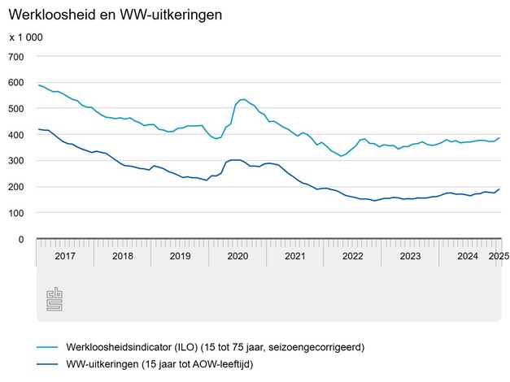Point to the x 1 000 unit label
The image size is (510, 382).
coord(26,37)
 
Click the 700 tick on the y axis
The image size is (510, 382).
coord(16,56)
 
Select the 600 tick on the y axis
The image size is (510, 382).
coord(16,82)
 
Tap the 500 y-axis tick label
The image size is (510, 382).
coord(16,108)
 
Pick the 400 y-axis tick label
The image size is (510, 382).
coord(16,134)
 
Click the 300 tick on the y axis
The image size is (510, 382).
coord(16,161)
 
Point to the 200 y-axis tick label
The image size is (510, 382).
coord(16,187)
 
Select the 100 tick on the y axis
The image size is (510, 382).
coord(16,213)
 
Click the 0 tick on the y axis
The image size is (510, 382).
coord(22,239)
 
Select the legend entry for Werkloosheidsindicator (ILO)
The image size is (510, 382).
coord(203,347)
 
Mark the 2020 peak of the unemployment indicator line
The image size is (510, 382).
coord(242,100)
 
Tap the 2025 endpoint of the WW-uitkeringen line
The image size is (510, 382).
coord(499,189)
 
